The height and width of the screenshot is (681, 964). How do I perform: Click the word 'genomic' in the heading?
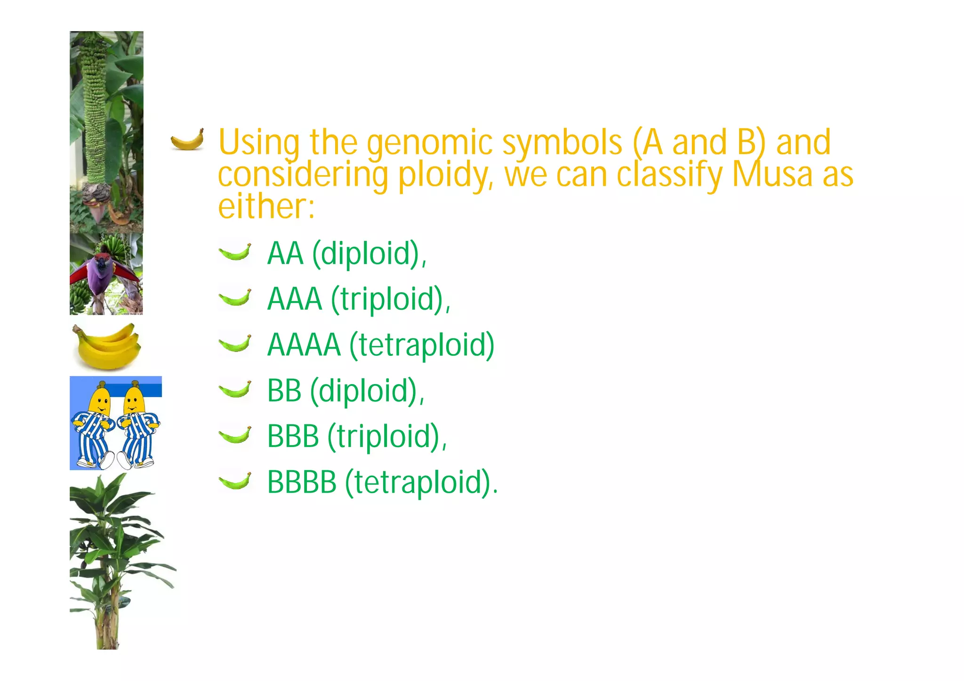430,144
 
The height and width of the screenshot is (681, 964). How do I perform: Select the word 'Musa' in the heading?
772,174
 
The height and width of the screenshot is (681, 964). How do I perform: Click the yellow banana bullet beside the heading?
187,140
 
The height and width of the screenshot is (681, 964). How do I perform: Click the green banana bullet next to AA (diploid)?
235,252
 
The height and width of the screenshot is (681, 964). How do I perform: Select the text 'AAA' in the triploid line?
295,299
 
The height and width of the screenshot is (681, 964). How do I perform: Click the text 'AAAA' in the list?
304,345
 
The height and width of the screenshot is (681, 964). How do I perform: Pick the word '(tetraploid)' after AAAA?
422,346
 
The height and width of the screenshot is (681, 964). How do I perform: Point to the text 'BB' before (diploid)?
284,391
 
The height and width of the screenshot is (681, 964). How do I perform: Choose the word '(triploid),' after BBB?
387,437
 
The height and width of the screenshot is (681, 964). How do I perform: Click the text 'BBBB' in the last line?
302,482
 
